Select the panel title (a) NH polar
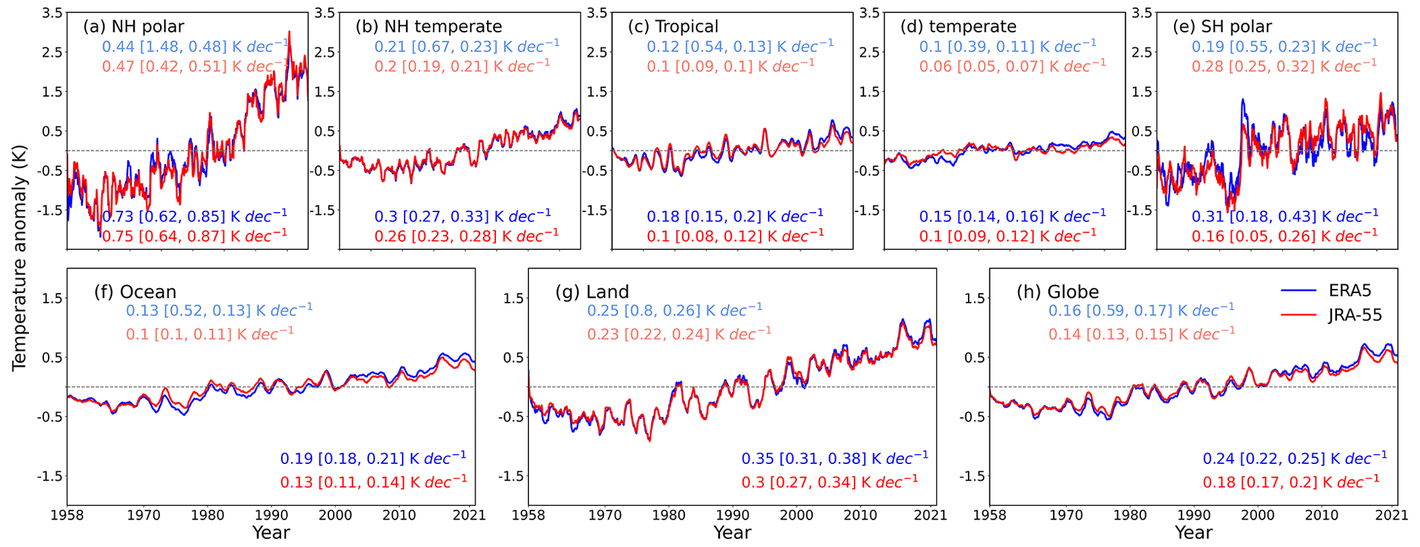click(133, 27)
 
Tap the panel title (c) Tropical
click(673, 27)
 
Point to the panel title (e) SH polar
click(1222, 27)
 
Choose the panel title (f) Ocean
click(135, 292)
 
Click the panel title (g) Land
click(592, 292)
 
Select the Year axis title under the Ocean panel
click(271, 533)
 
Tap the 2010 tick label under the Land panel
click(860, 515)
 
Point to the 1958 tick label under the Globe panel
click(990, 515)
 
